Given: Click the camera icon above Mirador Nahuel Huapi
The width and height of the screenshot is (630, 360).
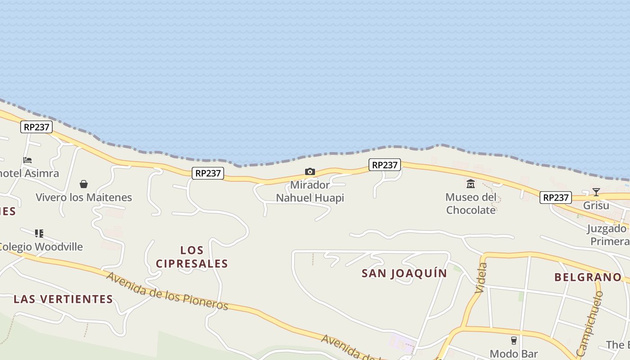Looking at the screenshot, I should tap(310, 171).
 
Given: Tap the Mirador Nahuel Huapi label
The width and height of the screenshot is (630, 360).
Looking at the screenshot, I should tap(310, 191).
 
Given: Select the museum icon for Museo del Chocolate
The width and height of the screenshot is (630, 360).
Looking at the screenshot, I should tap(471, 184).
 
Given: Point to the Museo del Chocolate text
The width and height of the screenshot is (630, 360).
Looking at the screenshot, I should tap(471, 203).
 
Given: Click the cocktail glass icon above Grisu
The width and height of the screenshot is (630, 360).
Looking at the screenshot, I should tap(596, 192).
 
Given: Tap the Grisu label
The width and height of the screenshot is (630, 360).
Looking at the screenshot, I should tap(596, 206).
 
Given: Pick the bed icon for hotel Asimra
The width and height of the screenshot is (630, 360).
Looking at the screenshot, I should tap(28, 160).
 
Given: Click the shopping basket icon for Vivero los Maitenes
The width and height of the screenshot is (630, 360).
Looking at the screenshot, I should tap(84, 184).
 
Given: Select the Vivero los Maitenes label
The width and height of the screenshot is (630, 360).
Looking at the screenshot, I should tap(84, 197).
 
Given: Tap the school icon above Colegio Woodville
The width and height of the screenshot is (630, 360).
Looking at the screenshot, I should tap(39, 233).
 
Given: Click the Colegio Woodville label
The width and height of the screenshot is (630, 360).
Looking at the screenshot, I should tap(40, 247).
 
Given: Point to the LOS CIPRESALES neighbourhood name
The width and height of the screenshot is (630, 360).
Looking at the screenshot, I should tap(192, 256).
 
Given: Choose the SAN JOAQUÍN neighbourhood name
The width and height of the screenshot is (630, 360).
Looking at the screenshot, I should tap(405, 273).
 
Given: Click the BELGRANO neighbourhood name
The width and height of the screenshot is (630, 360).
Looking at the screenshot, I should tap(588, 277).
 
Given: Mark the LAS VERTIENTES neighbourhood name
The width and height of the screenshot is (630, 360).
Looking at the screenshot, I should tap(63, 299).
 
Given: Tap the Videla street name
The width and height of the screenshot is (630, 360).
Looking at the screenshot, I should tap(481, 278).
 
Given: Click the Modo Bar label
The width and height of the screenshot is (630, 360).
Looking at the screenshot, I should tap(513, 354).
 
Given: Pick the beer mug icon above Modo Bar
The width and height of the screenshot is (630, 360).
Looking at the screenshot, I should tap(513, 341).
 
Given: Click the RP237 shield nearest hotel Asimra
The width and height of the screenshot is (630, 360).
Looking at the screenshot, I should tap(36, 127).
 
